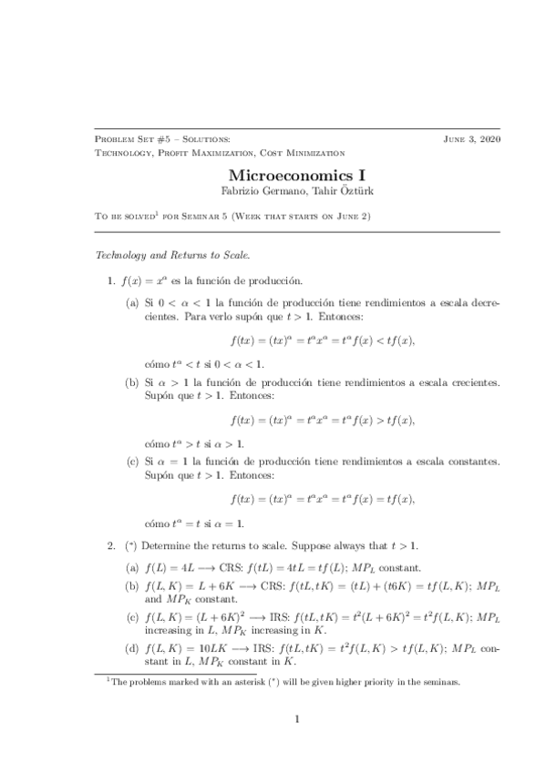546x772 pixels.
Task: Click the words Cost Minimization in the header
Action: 302,153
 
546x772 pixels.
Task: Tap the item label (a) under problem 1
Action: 132,301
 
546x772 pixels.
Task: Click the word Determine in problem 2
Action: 163,545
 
